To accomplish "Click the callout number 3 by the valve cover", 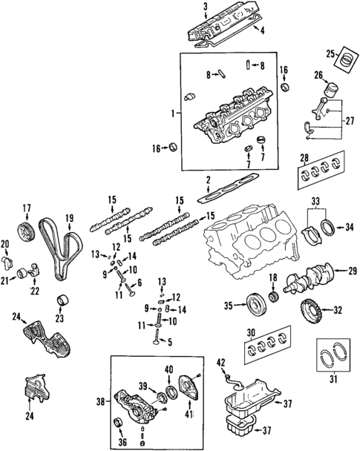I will pos(204,6).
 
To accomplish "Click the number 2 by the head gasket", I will pos(209,180).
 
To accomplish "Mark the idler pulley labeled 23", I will pos(63,303).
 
